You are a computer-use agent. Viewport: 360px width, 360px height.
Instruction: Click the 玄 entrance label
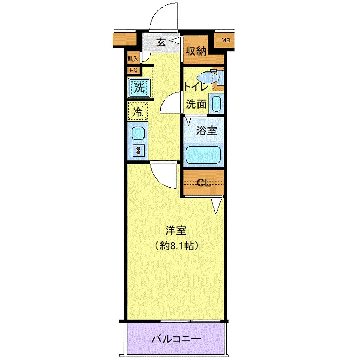[161, 43]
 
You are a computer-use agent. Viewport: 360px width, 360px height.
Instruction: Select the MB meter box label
[226, 40]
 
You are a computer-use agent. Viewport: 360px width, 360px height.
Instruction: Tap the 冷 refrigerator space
[138, 110]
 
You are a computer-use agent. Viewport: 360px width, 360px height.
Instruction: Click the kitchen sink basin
[138, 133]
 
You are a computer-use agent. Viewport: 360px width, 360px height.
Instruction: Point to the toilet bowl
[209, 77]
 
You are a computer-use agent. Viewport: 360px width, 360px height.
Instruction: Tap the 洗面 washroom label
[196, 103]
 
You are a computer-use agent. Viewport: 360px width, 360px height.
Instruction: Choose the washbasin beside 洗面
[217, 103]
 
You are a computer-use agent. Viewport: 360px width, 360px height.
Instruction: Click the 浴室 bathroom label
[207, 130]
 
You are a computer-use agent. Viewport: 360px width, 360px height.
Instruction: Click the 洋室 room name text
[175, 230]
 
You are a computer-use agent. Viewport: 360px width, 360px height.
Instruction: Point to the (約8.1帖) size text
[175, 246]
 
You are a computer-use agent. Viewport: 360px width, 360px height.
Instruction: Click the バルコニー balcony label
[175, 339]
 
